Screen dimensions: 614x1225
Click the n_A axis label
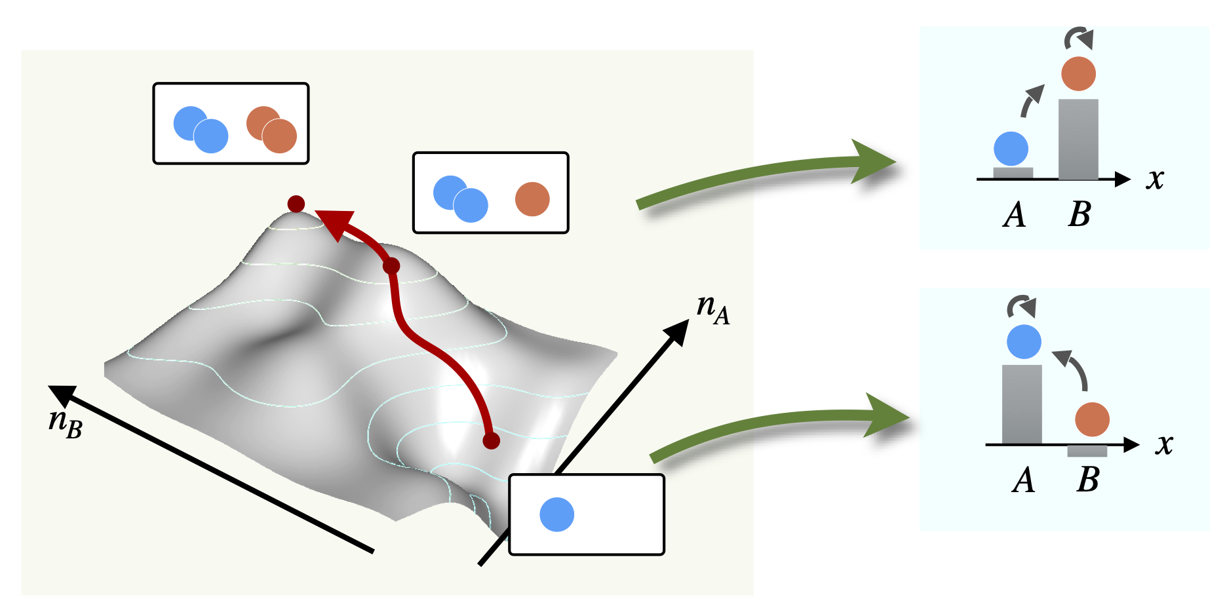coord(712,309)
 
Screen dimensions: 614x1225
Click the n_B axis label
coord(65,422)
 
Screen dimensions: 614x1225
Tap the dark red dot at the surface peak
coord(296,204)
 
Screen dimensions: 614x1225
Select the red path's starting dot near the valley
coord(491,441)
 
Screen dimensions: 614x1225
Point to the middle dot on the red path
coord(391,266)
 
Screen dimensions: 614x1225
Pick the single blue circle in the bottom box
coord(556,514)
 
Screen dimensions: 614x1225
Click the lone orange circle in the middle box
coord(532,199)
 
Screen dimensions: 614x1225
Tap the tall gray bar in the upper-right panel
coord(1078,139)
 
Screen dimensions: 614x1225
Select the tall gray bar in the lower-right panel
coord(1022,404)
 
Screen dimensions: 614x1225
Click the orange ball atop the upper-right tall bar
coord(1078,73)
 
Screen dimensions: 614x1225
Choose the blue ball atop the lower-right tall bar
coord(1024,341)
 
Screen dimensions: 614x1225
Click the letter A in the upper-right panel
coord(1014,214)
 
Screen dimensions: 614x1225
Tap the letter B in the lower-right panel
coord(1088,480)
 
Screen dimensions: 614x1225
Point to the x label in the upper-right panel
coord(1155,179)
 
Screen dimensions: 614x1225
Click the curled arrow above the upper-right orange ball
coord(1079,38)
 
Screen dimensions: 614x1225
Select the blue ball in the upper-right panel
coord(1011,149)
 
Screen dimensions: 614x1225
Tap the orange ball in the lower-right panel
coord(1092,419)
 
